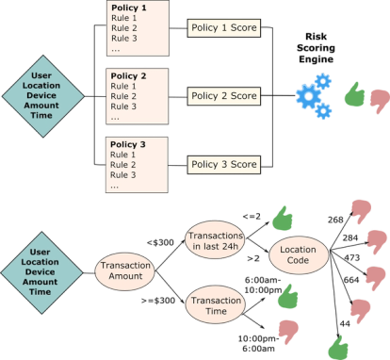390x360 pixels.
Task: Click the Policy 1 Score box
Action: click(x=223, y=28)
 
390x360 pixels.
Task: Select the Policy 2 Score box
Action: click(x=223, y=96)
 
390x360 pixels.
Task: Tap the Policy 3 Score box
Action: click(x=223, y=164)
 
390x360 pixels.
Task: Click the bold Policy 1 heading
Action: click(x=130, y=8)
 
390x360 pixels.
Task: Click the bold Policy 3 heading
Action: click(x=130, y=143)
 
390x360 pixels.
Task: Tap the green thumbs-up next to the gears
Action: click(x=355, y=93)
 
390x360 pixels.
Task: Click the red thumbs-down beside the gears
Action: click(x=380, y=99)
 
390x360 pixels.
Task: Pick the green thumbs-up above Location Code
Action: click(x=282, y=219)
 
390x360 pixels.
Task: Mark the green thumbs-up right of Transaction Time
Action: click(x=288, y=299)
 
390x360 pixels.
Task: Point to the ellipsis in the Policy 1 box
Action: click(x=116, y=50)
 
